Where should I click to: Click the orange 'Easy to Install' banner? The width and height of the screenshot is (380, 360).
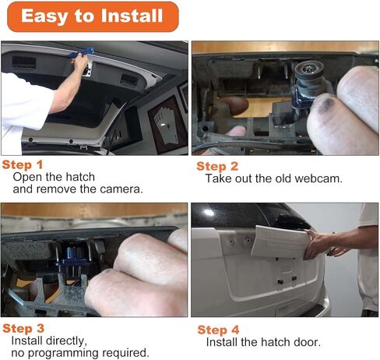(93, 16)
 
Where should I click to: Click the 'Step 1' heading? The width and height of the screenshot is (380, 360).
(23, 164)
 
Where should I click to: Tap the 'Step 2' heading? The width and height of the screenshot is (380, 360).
(217, 166)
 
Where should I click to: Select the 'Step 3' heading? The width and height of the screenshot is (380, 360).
(23, 329)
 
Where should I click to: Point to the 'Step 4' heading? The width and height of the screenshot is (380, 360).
(218, 330)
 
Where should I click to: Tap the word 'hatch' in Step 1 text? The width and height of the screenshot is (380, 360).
(80, 177)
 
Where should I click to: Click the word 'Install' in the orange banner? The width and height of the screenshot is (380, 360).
(132, 16)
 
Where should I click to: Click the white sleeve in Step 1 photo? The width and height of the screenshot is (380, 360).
(23, 104)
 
